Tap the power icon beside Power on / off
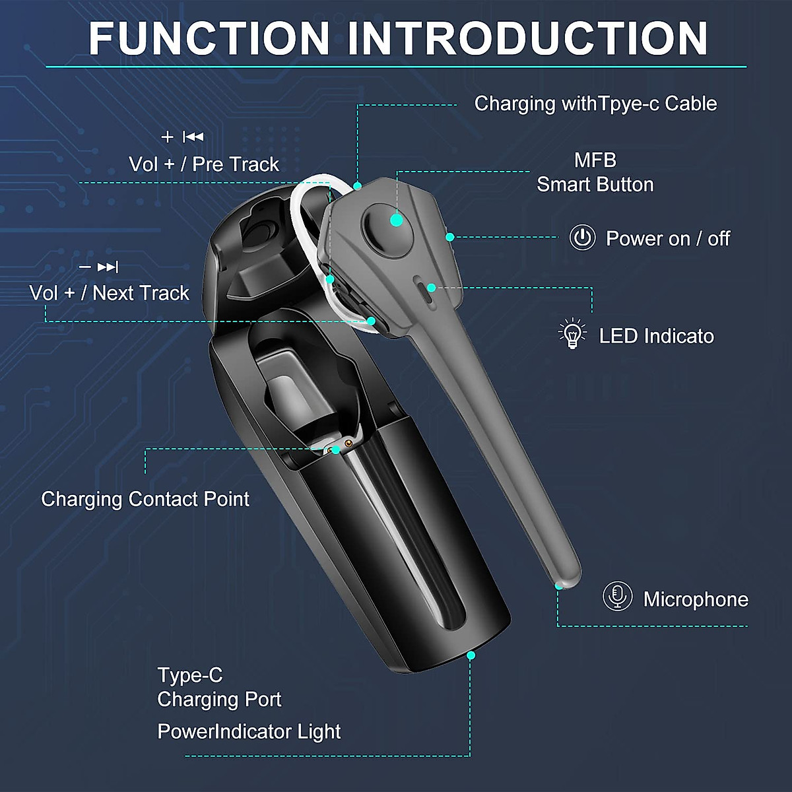pos(582,238)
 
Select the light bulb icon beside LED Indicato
pos(572,334)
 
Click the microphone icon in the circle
pos(617,597)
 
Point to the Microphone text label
pos(696,599)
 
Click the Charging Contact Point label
pos(145,499)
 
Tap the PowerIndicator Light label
pos(249,731)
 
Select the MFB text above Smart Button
pos(595,160)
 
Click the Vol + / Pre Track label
pos(204,164)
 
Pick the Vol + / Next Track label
pos(110,293)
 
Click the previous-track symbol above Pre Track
pos(193,137)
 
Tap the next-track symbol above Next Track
pos(108,267)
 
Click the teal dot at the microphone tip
pos(559,585)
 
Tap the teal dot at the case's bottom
pos(471,655)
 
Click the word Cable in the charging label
pos(690,104)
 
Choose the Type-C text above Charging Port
pos(190,675)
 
